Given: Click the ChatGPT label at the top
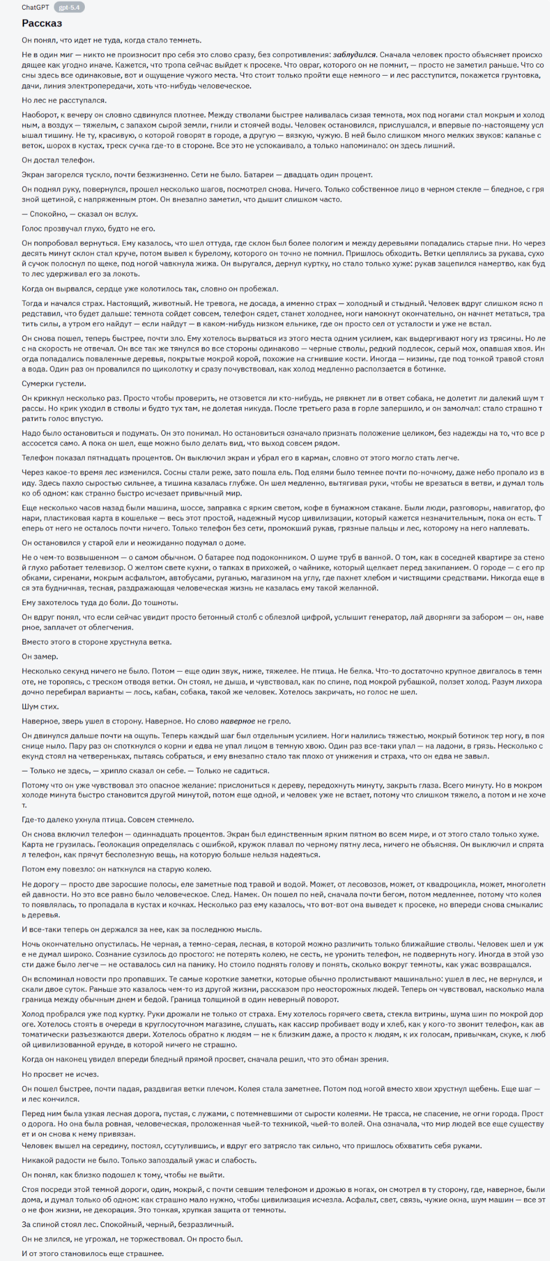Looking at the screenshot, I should point(36,7).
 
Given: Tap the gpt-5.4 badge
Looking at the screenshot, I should point(70,7).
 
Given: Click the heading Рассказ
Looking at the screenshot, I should point(42,23).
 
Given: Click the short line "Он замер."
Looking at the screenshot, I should point(40,656).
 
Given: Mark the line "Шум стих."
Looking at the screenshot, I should point(41,706).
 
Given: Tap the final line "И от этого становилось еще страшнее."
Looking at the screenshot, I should point(92,1253).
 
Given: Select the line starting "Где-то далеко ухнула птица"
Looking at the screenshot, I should point(108,820).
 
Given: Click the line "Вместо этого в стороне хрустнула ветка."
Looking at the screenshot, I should point(97,642).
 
